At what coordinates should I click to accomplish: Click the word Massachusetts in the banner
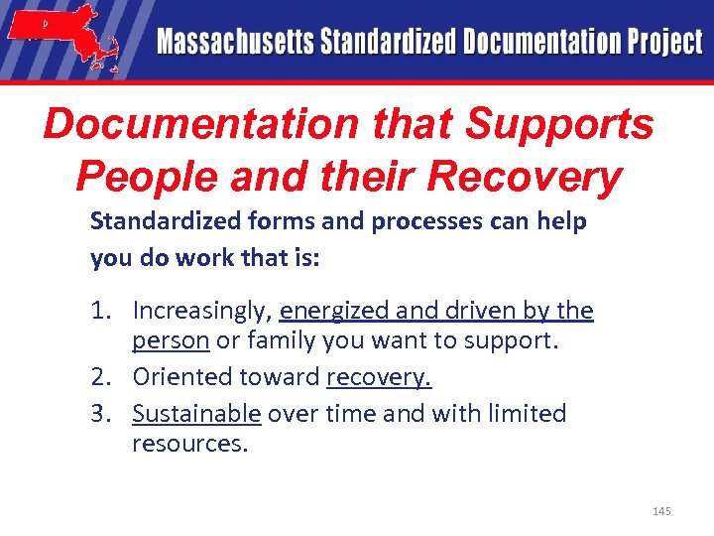(x=233, y=43)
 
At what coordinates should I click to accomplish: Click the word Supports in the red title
(x=560, y=126)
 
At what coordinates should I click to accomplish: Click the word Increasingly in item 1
(x=202, y=312)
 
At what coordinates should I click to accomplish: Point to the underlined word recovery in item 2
(x=379, y=378)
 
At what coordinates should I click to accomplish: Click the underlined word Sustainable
(x=196, y=413)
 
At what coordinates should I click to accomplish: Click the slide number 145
(x=661, y=511)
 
